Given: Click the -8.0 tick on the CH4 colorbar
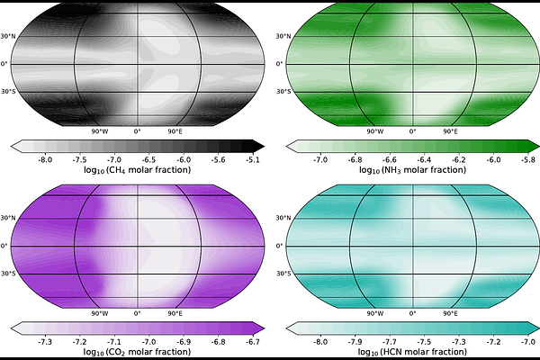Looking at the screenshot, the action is pos(45,160).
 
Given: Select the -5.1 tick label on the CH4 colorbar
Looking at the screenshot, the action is pos(253,160).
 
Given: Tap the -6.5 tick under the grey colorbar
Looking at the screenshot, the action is pos(148,160).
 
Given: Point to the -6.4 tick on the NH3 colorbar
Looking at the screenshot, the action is pos(424,160).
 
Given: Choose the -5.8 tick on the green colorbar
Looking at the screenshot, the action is pos(528,160).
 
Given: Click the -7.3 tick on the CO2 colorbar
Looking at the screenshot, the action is pos(45,342).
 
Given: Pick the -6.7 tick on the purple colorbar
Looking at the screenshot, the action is pos(253,342).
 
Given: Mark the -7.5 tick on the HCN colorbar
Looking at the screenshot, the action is pos(424,342).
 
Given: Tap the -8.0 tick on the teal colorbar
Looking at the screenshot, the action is pos(320,342).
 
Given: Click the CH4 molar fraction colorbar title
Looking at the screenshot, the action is pos(137,170).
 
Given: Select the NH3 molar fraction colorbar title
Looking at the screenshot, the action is pos(412,170).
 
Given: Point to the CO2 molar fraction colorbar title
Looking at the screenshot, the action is pos(137,352).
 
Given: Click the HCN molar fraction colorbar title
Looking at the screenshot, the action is pos(412,352).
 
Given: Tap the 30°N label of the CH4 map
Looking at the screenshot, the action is pos(8,36).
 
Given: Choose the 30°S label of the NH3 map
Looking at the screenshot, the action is pos(283,91).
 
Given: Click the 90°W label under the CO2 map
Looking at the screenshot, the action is pos(100,313).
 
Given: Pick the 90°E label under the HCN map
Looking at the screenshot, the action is pos(451,313).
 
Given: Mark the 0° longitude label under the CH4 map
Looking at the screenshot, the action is pos(138,131).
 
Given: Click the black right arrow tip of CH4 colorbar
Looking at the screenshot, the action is pos(264,147).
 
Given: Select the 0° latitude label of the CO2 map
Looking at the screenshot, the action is pos(4,246).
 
